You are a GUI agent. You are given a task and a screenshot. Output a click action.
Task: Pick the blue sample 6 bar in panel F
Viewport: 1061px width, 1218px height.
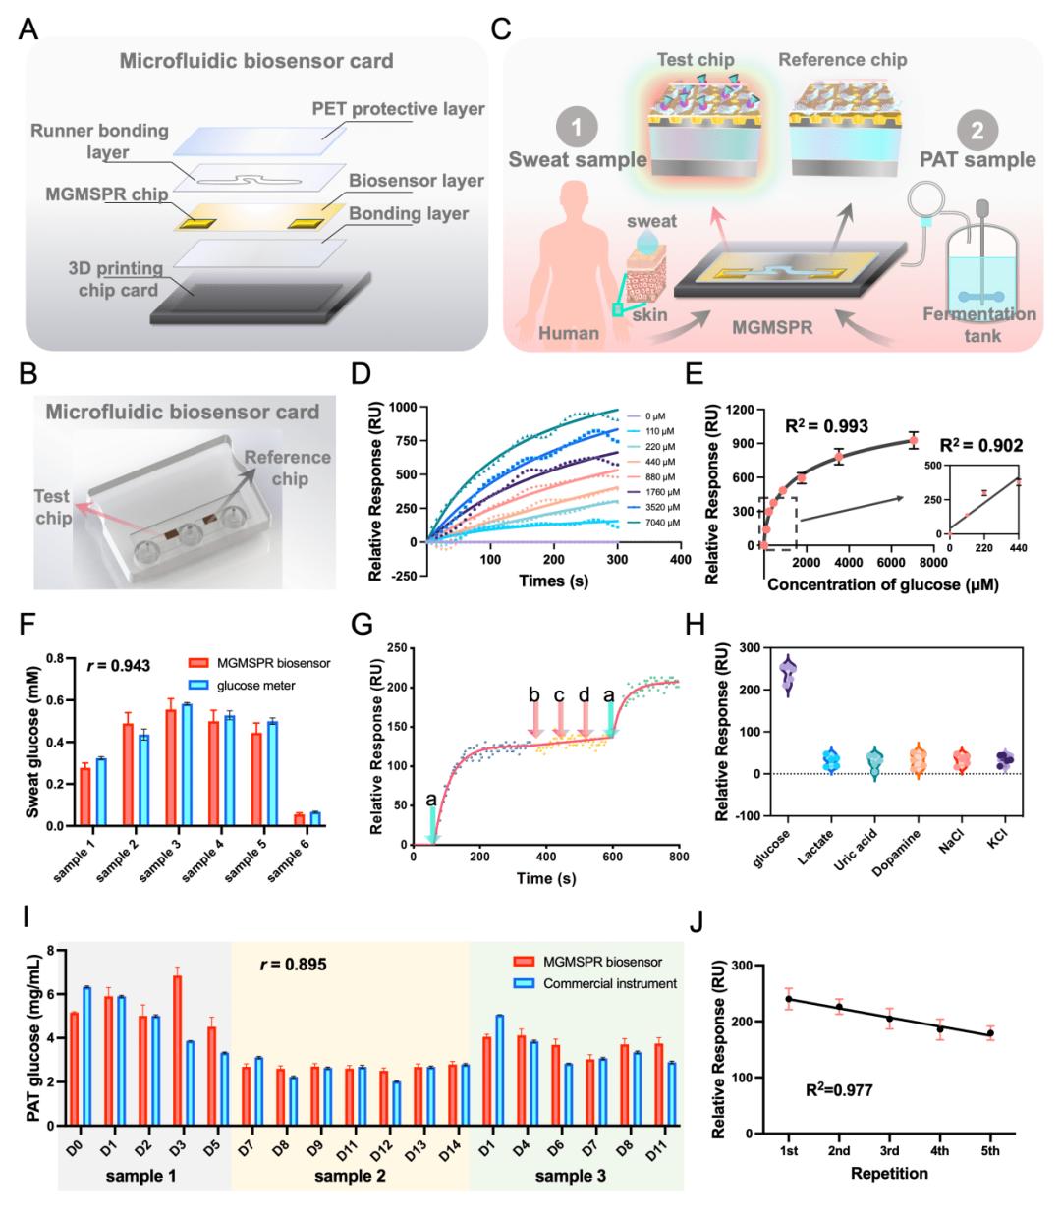click(x=314, y=818)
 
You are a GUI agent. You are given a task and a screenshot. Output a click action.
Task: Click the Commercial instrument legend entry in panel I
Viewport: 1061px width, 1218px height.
click(x=611, y=983)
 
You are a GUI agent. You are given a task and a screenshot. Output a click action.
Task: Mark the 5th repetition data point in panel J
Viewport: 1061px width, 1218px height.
click(x=990, y=1033)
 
